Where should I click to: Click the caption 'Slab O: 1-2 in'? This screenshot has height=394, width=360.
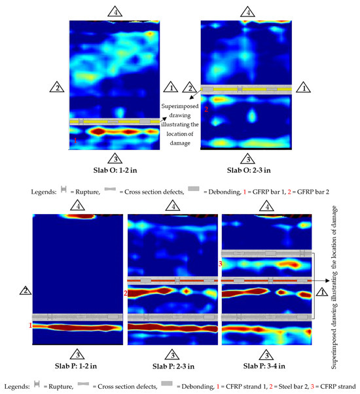pos(115,172)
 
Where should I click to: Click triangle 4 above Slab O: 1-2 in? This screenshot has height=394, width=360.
pos(115,11)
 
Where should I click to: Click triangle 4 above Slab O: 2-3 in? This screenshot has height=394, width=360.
pos(247,11)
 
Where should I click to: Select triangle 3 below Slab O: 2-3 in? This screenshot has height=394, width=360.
pos(247,158)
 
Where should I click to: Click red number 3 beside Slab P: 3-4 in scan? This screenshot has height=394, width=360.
pos(220,264)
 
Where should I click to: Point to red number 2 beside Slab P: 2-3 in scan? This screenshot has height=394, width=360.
pos(125,294)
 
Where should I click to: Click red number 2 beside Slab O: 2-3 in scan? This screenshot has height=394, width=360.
pos(206,110)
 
